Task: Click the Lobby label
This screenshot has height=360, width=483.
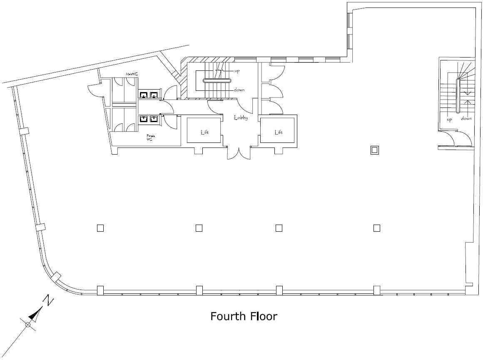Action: [241, 118]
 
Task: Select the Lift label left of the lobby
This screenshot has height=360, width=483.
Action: [204, 132]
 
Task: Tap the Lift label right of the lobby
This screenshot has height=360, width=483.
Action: [279, 132]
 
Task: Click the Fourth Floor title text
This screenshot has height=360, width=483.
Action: [244, 316]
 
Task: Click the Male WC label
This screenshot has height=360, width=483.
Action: [132, 74]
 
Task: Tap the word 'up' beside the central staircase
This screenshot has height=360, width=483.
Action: [237, 71]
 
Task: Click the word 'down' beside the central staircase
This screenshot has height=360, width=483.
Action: [239, 90]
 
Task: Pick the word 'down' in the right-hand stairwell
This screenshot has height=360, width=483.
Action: [466, 119]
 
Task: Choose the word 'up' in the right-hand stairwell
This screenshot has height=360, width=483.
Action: [449, 120]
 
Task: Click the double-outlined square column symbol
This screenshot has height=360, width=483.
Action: [375, 150]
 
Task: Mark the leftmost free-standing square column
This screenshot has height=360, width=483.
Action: [100, 228]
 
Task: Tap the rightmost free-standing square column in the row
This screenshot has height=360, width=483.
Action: [377, 227]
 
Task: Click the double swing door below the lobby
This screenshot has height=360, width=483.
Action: [239, 153]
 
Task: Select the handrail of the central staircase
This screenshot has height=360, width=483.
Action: [218, 81]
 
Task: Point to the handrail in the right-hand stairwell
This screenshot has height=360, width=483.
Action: [458, 96]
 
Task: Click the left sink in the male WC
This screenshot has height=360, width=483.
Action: [144, 95]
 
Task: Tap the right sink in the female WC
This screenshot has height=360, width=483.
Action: [154, 119]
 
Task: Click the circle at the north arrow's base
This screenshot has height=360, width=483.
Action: [28, 325]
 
